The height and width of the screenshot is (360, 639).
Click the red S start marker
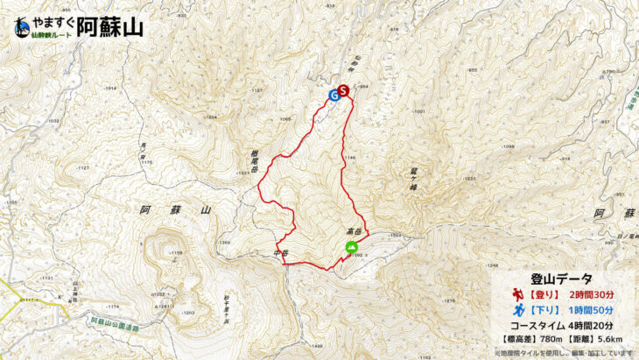click(343, 89)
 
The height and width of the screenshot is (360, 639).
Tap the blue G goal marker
click(334, 95)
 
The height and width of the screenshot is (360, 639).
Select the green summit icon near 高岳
click(351, 248)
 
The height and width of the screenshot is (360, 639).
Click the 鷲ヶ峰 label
click(411, 179)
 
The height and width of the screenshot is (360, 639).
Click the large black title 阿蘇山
click(109, 27)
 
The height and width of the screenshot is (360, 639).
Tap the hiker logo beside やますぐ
click(22, 28)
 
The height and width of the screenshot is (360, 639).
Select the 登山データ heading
click(561, 278)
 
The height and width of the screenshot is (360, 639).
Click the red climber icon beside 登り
click(518, 294)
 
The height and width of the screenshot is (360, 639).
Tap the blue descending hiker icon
click(518, 310)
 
